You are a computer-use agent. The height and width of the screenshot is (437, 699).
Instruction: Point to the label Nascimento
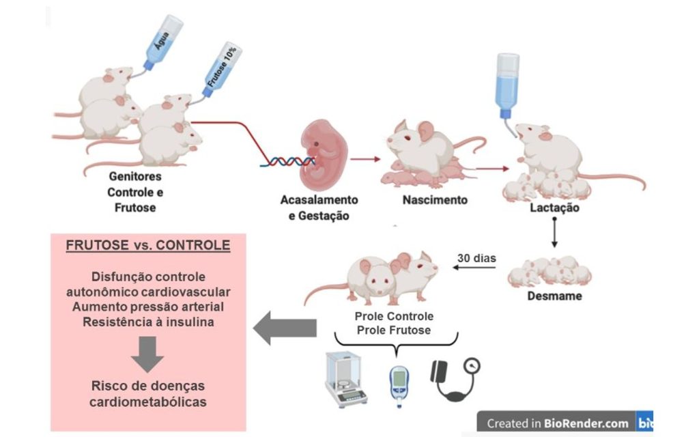pos(434,200)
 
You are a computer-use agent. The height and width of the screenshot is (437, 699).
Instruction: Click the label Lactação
pos(554,208)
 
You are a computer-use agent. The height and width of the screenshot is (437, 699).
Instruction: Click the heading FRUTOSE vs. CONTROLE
pos(147,245)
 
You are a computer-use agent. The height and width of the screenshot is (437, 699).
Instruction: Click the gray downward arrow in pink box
pos(147,353)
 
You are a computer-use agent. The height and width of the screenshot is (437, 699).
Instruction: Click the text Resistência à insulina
pos(147,322)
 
